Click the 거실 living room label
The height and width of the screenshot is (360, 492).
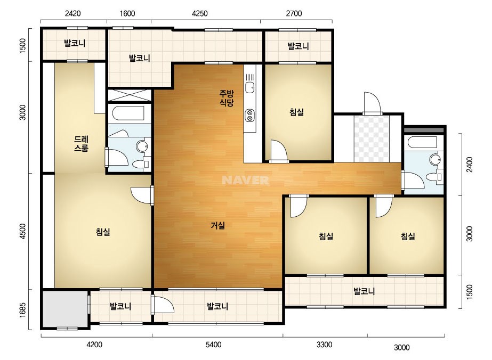tap(218, 225)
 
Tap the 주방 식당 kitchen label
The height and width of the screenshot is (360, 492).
tap(227, 98)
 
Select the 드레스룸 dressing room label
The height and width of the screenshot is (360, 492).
tap(81, 143)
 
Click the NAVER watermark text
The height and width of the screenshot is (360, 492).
tap(245, 180)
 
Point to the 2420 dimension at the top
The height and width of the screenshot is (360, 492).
tap(73, 13)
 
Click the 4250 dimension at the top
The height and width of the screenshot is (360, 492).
tap(200, 13)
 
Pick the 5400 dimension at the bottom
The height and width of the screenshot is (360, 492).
tap(214, 345)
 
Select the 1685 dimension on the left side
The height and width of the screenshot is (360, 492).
tap(22, 310)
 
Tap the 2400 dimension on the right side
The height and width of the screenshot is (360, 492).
tap(470, 165)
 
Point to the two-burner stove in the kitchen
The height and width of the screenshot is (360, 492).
tap(250, 115)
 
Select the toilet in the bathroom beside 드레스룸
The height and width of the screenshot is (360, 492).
tap(139, 164)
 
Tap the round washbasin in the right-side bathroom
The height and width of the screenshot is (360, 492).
tap(435, 159)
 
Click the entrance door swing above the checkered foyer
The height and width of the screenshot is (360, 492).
tap(372, 103)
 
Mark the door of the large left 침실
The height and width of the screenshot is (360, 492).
tap(141, 195)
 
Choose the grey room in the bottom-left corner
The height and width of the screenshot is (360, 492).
tap(65, 309)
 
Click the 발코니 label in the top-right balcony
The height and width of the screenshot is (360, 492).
tap(299, 46)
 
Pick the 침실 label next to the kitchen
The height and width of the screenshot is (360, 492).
tap(296, 112)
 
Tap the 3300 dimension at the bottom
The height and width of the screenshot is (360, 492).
tap(324, 345)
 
